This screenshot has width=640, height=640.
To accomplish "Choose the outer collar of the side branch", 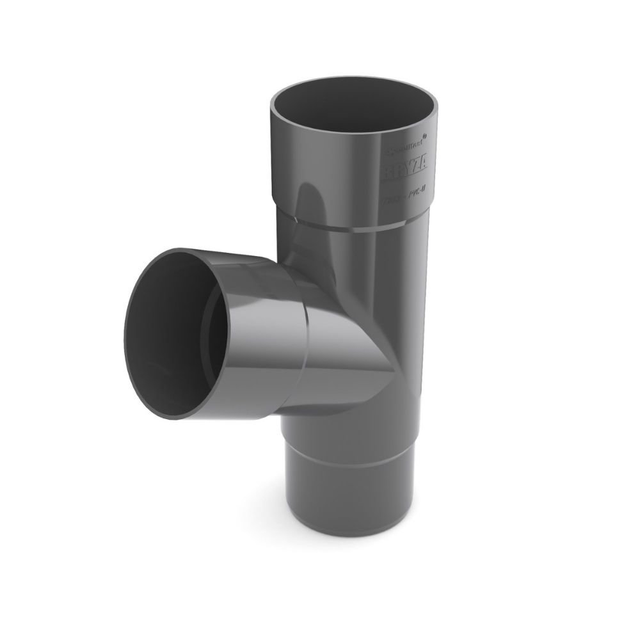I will click(256, 333).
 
